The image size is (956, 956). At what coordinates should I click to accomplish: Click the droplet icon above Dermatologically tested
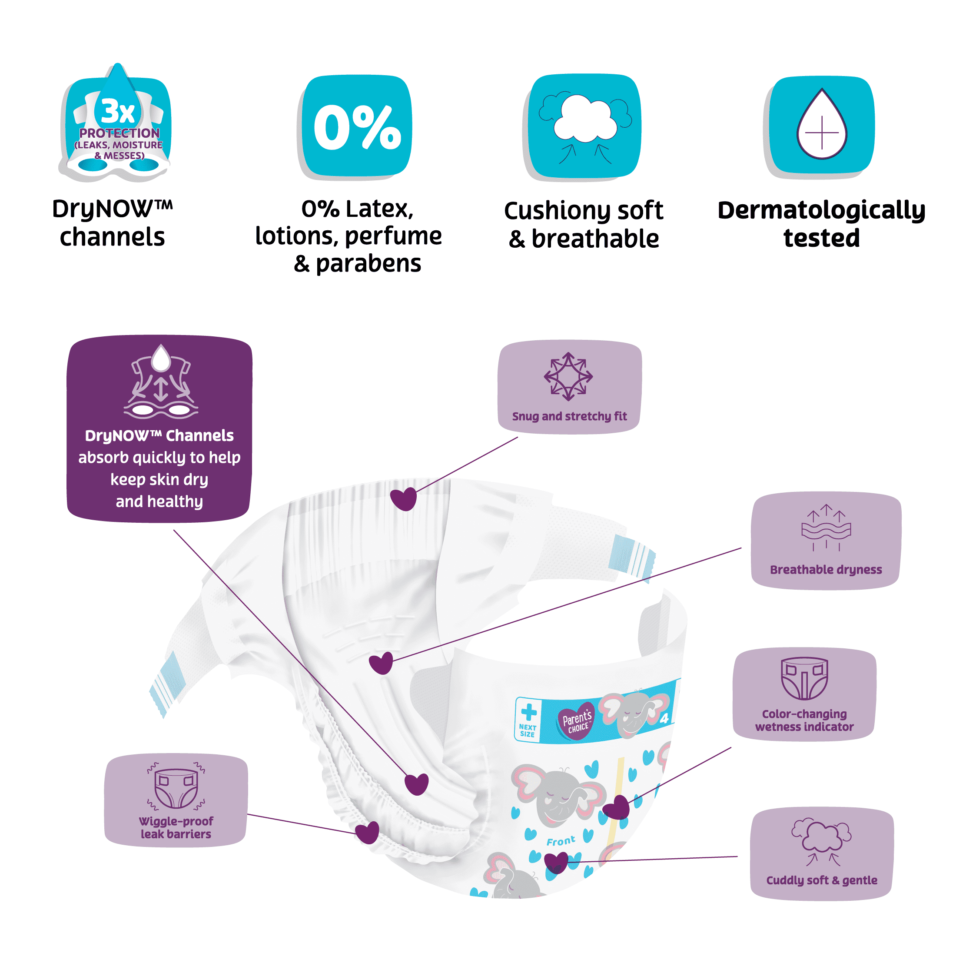point(821,125)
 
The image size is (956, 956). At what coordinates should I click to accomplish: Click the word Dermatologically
point(821,210)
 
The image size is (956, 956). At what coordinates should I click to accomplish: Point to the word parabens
point(368,264)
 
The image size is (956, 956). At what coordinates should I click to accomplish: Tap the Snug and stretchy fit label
point(569,416)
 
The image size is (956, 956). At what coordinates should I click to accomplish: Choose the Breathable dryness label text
point(825,570)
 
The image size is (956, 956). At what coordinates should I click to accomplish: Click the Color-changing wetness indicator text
point(804,720)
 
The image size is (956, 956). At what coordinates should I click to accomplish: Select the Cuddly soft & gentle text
point(821,880)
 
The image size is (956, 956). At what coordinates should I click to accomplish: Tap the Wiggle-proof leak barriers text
point(176,828)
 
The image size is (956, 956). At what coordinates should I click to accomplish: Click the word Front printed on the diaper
point(561,841)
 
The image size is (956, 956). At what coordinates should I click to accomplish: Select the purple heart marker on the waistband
point(403,499)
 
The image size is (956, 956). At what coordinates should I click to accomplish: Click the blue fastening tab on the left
point(168,683)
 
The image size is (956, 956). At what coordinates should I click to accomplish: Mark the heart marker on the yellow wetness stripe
point(617,807)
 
